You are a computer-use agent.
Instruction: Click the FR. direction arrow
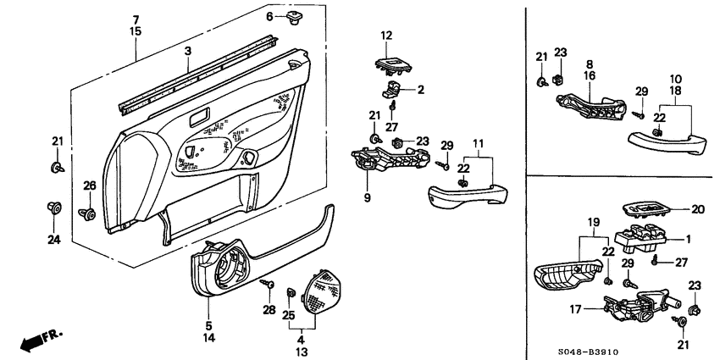pos(39,340)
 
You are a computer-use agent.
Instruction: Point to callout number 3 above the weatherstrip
pos(187,52)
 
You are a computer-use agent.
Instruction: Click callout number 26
pos(89,186)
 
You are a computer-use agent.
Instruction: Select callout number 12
pos(387,36)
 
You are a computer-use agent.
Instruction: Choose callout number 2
pos(420,89)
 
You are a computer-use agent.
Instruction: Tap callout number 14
pos(209,338)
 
